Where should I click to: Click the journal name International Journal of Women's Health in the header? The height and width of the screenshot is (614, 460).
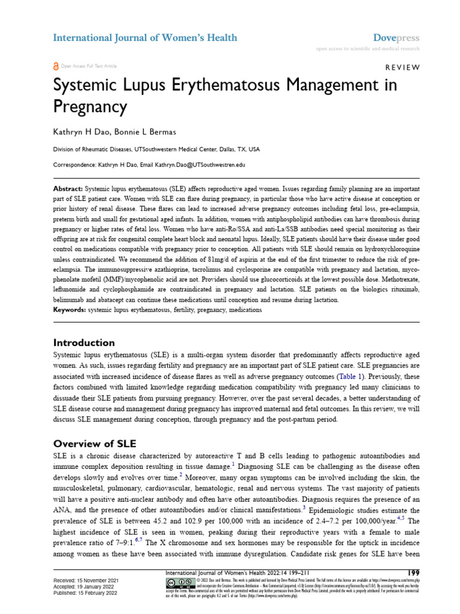coord(145,38)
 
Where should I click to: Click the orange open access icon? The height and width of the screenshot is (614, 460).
coord(56,66)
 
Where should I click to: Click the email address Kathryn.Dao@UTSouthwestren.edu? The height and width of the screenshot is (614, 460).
coord(196,164)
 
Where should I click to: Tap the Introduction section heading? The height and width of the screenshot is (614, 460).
coord(84,343)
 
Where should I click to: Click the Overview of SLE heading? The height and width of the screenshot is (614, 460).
coord(95,444)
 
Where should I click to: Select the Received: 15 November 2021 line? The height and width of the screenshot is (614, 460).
coord(86,581)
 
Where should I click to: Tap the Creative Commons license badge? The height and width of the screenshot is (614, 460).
coord(177,583)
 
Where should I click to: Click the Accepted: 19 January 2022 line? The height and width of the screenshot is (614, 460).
coord(83,587)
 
